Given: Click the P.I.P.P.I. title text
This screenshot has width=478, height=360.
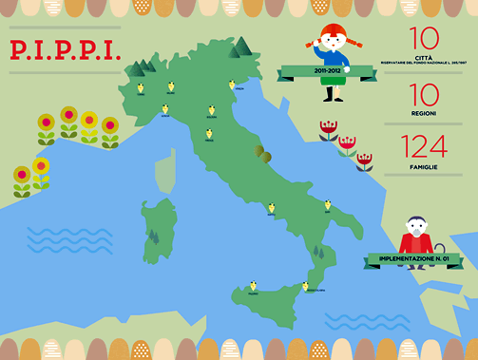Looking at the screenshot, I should (66, 49).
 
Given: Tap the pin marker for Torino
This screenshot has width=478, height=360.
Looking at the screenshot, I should (140, 88).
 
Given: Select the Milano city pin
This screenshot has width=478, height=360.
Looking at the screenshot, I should (171, 86).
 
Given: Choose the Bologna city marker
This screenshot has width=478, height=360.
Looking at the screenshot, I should (211, 110).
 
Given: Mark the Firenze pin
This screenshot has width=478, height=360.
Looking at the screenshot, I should (209, 133).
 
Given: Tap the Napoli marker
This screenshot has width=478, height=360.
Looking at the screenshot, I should (272, 208).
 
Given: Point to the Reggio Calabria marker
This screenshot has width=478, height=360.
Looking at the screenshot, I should (306, 286).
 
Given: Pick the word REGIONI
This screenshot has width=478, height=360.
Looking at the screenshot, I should (424, 113).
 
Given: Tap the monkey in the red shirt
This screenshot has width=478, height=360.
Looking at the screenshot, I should (415, 234).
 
